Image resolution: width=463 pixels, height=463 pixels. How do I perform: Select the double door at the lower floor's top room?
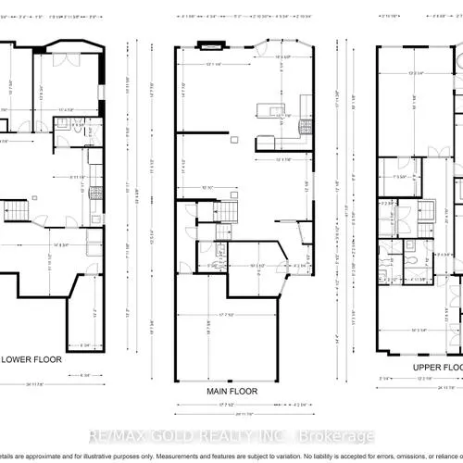[x=65, y=60]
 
